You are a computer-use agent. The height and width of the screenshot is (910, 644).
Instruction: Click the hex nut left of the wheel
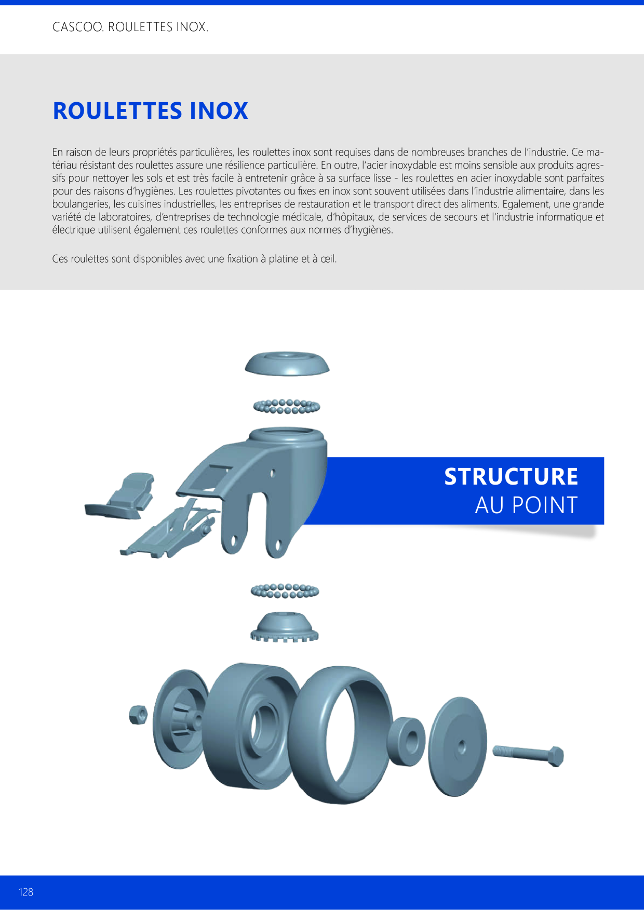click(x=138, y=715)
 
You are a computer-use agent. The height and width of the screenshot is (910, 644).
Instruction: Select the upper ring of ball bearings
click(x=287, y=406)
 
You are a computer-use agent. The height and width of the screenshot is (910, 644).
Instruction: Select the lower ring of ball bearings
click(x=285, y=591)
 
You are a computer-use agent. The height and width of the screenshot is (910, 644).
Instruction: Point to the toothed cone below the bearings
click(x=284, y=627)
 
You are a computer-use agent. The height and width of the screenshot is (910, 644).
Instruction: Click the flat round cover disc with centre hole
click(x=458, y=746)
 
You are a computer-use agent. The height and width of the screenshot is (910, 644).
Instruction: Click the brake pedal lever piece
click(x=120, y=496)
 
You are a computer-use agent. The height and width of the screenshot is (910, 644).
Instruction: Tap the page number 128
click(x=26, y=892)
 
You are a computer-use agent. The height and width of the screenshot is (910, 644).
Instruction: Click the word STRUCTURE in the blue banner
click(x=511, y=477)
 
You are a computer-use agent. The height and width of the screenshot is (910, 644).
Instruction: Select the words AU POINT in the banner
click(x=526, y=505)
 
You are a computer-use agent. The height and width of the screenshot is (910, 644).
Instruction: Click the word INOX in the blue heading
click(x=219, y=111)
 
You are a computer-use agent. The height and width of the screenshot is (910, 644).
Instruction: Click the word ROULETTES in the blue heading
click(x=117, y=111)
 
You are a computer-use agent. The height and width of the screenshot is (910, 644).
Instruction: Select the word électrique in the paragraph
click(x=74, y=230)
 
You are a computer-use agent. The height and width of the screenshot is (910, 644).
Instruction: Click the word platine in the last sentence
click(x=283, y=259)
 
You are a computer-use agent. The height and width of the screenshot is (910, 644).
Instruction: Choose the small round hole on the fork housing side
click(x=273, y=473)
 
